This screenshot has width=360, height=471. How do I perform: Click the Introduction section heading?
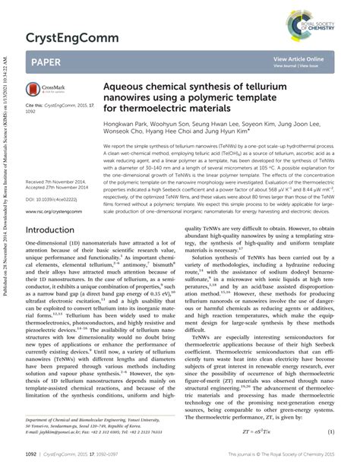(56, 229)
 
